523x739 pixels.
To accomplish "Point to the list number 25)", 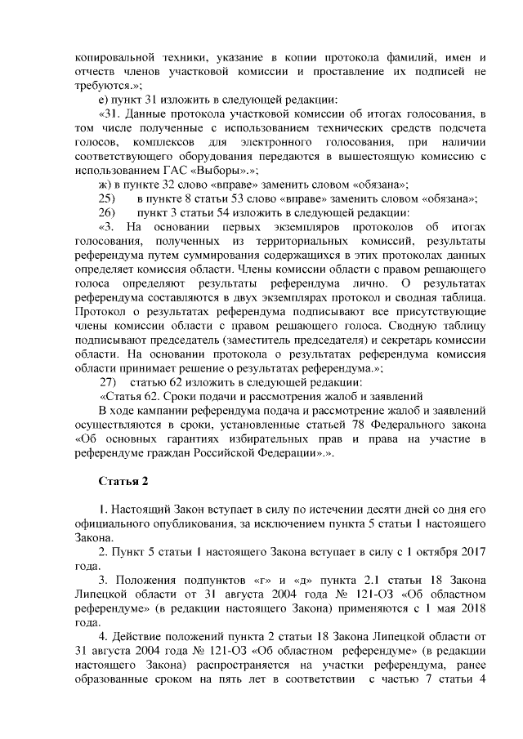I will coord(107,198).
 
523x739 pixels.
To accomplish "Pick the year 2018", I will coord(471,609).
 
